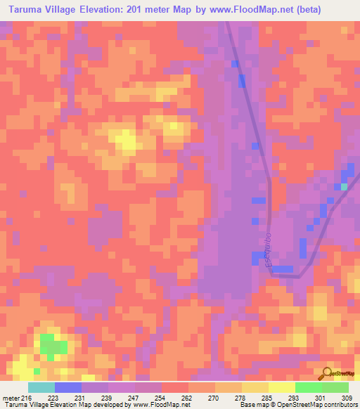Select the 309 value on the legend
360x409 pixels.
(345, 398)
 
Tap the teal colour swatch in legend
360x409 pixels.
(41, 387)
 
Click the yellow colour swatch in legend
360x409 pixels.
(281, 387)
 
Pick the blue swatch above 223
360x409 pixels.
(68, 387)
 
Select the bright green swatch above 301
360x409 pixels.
(309, 387)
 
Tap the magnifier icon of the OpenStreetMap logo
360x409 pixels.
(328, 373)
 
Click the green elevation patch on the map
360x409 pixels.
(53, 346)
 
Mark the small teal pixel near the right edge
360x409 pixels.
(344, 187)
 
